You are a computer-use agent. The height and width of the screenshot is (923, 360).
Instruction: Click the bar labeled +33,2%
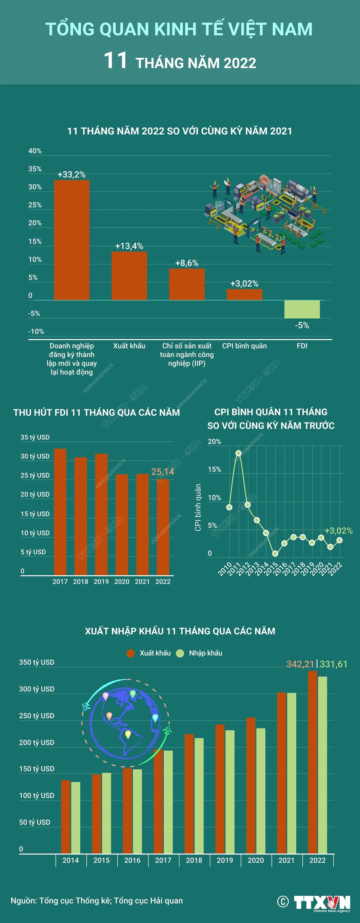coord(72,240)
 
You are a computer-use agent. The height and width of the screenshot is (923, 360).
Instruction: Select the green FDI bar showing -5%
coord(302,309)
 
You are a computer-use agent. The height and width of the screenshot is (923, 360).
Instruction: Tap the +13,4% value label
coord(129,246)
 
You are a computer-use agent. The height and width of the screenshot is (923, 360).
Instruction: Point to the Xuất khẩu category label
coord(129,346)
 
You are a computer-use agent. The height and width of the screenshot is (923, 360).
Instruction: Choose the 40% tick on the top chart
coord(35,151)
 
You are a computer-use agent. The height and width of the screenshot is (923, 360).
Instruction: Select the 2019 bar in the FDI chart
coord(101,514)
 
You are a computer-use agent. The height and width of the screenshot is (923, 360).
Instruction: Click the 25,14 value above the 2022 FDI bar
coord(163,472)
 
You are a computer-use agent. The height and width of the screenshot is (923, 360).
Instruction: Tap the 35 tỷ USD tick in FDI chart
coord(35,437)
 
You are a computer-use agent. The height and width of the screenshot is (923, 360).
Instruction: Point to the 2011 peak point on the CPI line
coord(238,453)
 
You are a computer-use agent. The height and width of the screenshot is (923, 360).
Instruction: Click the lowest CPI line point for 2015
coord(275,553)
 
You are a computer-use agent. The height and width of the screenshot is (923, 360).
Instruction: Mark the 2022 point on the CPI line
coord(340,540)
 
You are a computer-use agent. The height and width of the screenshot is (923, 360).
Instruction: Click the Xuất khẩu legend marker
coord(131,653)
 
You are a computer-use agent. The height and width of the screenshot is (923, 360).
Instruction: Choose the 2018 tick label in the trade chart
coord(194,860)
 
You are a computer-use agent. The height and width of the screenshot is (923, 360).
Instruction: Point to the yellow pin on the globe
coord(128,735)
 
